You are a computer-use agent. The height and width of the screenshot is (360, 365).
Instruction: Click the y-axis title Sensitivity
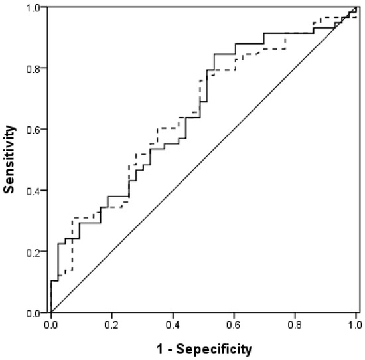(9, 159)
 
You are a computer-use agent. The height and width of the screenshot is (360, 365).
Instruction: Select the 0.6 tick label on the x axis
(234, 325)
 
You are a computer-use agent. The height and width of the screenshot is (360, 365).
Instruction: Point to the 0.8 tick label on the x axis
(295, 325)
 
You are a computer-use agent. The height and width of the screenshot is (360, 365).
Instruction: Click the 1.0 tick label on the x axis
(356, 325)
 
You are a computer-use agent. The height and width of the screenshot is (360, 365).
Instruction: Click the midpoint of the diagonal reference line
(204, 159)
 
